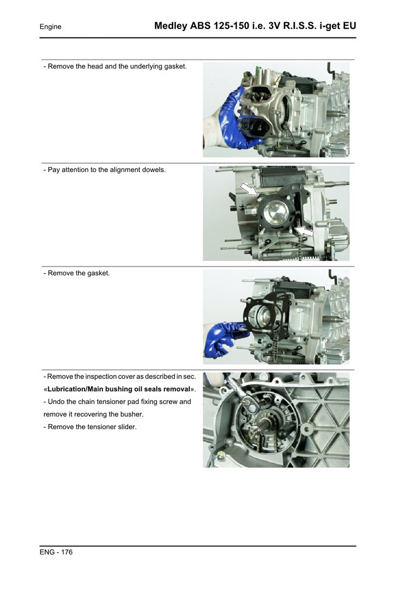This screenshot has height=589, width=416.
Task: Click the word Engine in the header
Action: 50,27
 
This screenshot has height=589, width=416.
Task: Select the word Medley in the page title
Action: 171,26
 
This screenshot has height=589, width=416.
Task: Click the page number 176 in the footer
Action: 66,552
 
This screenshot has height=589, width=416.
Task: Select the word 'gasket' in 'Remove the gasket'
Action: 98,273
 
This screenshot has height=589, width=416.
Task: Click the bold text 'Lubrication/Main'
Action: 79,389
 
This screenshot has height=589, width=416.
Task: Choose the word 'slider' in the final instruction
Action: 125,427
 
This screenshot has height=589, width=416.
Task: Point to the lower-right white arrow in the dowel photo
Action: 304,232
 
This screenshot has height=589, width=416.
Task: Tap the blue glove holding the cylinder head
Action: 233,117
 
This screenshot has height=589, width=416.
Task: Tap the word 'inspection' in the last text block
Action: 110,376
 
